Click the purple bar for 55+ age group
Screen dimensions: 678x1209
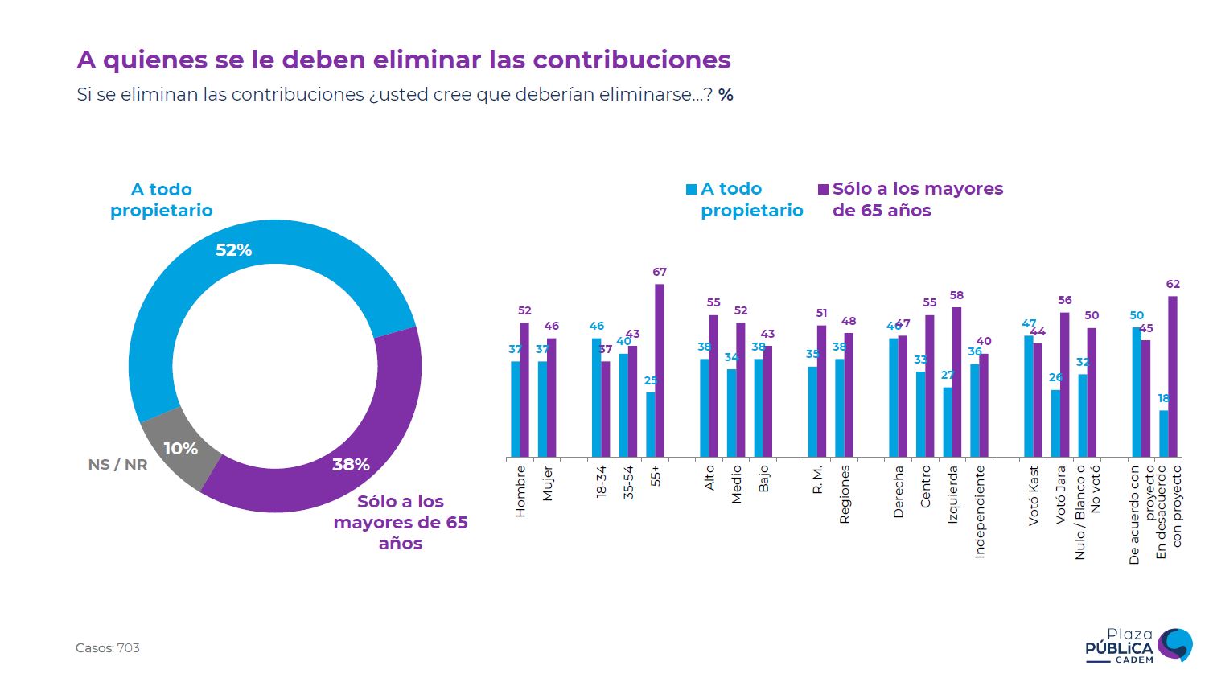pyautogui.click(x=660, y=370)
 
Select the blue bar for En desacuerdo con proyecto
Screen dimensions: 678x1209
pyautogui.click(x=1163, y=434)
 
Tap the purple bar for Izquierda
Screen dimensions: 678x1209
pyautogui.click(x=956, y=382)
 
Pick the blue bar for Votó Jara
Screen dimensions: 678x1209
pyautogui.click(x=1055, y=423)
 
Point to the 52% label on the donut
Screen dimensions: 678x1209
pyautogui.click(x=233, y=250)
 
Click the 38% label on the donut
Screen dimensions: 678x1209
pyautogui.click(x=351, y=464)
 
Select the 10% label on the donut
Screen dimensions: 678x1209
pyautogui.click(x=180, y=449)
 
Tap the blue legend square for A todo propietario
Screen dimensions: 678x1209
pyautogui.click(x=691, y=190)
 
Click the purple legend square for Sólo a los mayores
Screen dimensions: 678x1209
pyautogui.click(x=823, y=190)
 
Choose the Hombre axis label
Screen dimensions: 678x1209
pyautogui.click(x=520, y=491)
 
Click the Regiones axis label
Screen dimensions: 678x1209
pyautogui.click(x=844, y=495)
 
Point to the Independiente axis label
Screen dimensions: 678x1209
pyautogui.click(x=979, y=512)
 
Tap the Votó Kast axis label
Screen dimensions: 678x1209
pyautogui.click(x=1034, y=495)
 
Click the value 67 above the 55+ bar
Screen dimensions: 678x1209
pyautogui.click(x=660, y=273)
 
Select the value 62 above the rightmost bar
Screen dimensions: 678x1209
pyautogui.click(x=1173, y=284)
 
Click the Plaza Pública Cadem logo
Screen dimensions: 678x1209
pyautogui.click(x=1138, y=646)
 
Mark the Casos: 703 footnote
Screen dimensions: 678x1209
pyautogui.click(x=108, y=648)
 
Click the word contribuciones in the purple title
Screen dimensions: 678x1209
pyautogui.click(x=631, y=60)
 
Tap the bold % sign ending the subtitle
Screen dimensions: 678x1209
pyautogui.click(x=726, y=95)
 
